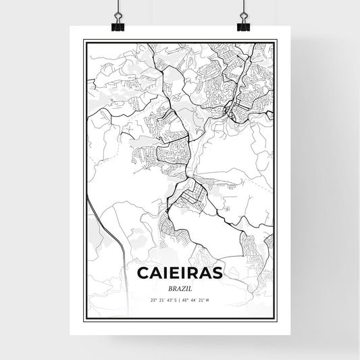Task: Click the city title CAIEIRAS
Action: click(180, 274)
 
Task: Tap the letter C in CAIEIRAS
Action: click(144, 274)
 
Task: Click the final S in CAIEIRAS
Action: click(217, 274)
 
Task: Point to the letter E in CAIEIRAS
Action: click(174, 274)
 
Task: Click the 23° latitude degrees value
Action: click(153, 299)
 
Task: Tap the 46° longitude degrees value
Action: click(185, 299)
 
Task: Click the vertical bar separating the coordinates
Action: click(179, 299)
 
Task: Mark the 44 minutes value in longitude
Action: click(192, 299)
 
